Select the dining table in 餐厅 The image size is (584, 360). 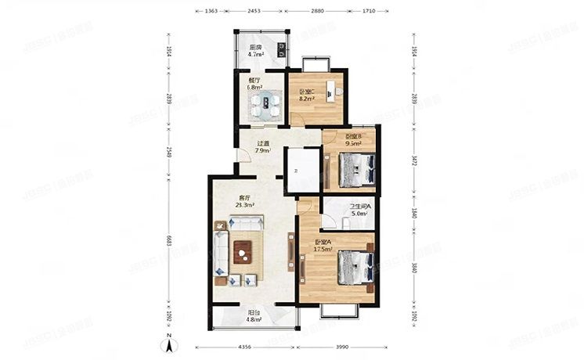269,102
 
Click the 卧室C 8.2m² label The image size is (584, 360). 307,96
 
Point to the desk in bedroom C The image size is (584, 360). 332,89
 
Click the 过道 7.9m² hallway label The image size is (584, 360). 263,146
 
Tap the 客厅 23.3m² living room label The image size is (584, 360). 245,202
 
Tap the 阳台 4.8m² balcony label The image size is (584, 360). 254,316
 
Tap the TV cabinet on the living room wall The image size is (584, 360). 292,256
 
